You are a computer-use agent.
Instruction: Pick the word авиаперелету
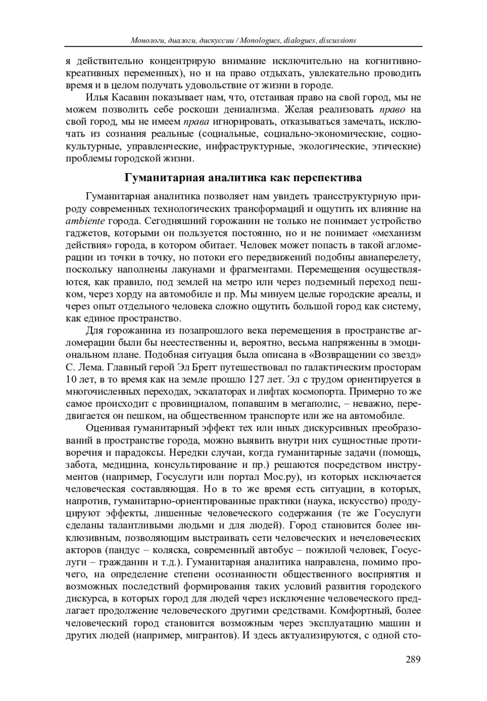tap(389, 257)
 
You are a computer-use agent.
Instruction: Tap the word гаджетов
tap(86, 233)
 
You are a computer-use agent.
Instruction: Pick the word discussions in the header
tap(337, 40)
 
